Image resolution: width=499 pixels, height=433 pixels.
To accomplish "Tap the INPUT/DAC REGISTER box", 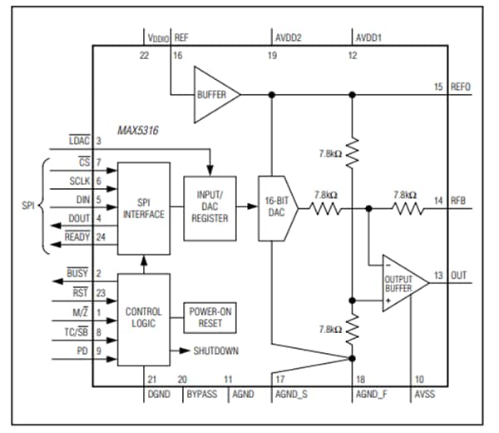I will pyautogui.click(x=208, y=207).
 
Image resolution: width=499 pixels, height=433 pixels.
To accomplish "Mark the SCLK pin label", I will pyautogui.click(x=79, y=181).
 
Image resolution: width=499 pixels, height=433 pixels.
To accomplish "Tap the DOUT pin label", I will pyautogui.click(x=79, y=219).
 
